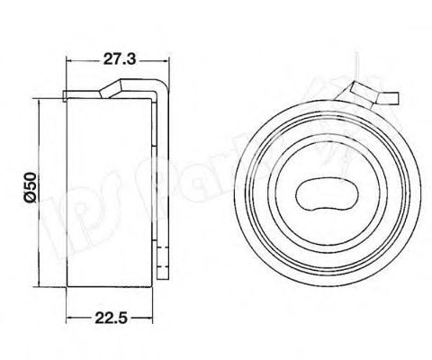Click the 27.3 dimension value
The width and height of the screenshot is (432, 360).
116,59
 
